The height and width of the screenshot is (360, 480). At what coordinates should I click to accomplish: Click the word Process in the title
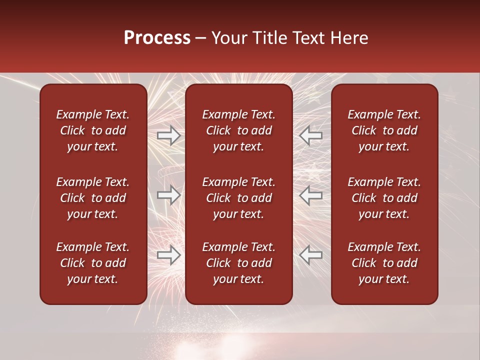pyautogui.click(x=157, y=38)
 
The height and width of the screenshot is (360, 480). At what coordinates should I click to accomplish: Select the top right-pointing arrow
pyautogui.click(x=168, y=135)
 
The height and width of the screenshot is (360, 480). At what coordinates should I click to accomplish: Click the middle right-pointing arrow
pyautogui.click(x=168, y=195)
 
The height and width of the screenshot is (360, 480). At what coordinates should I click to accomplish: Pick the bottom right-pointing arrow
pyautogui.click(x=168, y=255)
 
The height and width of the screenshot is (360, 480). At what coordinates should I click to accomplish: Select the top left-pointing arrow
pyautogui.click(x=311, y=135)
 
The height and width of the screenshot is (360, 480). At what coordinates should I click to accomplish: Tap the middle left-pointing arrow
pyautogui.click(x=311, y=195)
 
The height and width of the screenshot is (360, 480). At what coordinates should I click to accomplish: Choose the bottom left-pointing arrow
pyautogui.click(x=311, y=255)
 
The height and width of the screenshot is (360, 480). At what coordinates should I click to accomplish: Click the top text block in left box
pyautogui.click(x=93, y=130)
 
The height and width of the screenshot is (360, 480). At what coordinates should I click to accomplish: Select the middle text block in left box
pyautogui.click(x=93, y=198)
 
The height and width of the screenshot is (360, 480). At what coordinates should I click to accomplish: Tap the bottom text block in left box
pyautogui.click(x=93, y=263)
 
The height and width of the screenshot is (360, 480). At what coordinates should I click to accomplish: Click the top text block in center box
pyautogui.click(x=238, y=130)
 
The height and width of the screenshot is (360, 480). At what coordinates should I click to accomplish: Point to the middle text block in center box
pyautogui.click(x=238, y=198)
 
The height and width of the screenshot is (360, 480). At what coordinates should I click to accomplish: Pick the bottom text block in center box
pyautogui.click(x=238, y=263)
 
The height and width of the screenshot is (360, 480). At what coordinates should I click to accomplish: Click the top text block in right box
pyautogui.click(x=384, y=130)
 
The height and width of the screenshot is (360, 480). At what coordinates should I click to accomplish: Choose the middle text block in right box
pyautogui.click(x=384, y=198)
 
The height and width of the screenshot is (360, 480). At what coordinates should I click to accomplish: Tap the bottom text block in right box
pyautogui.click(x=384, y=263)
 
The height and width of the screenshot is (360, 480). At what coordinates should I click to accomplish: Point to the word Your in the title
pyautogui.click(x=227, y=38)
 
